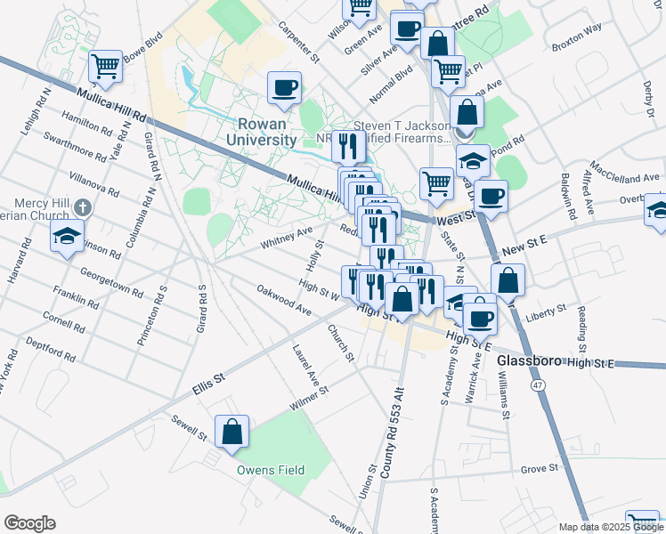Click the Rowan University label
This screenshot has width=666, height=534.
(x=266, y=132)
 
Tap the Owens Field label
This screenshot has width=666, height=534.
(x=271, y=470)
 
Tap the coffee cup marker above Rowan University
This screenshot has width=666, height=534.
(x=284, y=87)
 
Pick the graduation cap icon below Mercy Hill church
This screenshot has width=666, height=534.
(x=67, y=237)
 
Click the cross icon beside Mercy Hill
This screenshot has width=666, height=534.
(x=82, y=207)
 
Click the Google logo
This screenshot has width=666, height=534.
(x=29, y=523)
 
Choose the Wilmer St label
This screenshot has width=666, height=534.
(x=309, y=396)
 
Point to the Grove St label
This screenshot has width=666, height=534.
(x=539, y=467)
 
